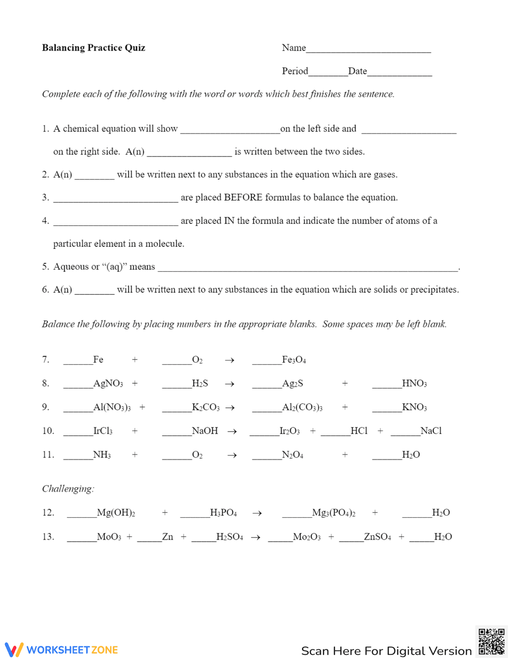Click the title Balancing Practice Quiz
[x=93, y=48]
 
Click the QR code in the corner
[x=492, y=642]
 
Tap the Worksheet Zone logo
[x=62, y=650]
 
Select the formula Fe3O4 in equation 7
[x=294, y=360]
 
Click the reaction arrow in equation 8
[x=229, y=384]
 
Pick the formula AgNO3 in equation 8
[x=108, y=384]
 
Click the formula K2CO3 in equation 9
[x=206, y=408]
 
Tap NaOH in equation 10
[x=205, y=431]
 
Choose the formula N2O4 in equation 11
[x=293, y=455]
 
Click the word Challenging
[x=68, y=489]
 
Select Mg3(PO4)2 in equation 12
[x=334, y=513]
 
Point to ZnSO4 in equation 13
[x=377, y=537]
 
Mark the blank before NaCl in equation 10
[x=405, y=434]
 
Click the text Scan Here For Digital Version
[x=386, y=651]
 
